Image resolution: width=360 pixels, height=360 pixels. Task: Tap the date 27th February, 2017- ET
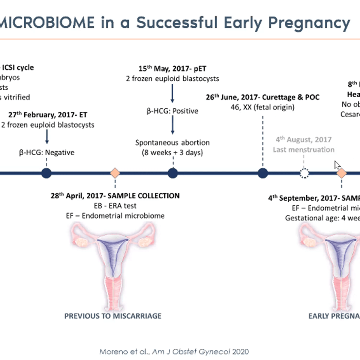tap(48, 115)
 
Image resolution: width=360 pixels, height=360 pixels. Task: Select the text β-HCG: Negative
tap(46, 152)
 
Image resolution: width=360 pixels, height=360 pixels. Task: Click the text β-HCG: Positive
tap(172, 111)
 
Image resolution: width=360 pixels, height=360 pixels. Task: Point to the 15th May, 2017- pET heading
tap(172, 69)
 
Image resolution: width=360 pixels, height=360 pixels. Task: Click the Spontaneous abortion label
tap(172, 142)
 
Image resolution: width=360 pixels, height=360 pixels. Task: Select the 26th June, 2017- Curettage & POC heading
tap(262, 97)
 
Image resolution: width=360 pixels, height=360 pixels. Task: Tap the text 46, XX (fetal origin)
tap(262, 107)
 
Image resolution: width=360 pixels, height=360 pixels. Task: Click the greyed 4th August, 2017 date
tap(304, 139)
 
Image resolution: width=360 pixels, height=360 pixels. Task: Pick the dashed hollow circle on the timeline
tap(304, 173)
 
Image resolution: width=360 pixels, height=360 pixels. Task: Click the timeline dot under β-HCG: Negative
tap(46, 173)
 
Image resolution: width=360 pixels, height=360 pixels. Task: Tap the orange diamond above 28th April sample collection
tap(115, 173)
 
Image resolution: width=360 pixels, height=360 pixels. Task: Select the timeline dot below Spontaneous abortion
tap(172, 173)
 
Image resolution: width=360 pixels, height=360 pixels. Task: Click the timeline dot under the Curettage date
tap(263, 173)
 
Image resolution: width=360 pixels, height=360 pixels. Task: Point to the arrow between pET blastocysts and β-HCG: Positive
tap(172, 94)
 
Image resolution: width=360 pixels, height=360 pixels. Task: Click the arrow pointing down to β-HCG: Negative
tap(47, 137)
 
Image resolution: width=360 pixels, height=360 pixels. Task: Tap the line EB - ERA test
tap(115, 206)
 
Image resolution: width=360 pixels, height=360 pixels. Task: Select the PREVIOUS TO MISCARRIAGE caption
tap(113, 316)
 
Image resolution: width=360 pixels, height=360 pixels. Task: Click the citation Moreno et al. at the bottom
tap(174, 352)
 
